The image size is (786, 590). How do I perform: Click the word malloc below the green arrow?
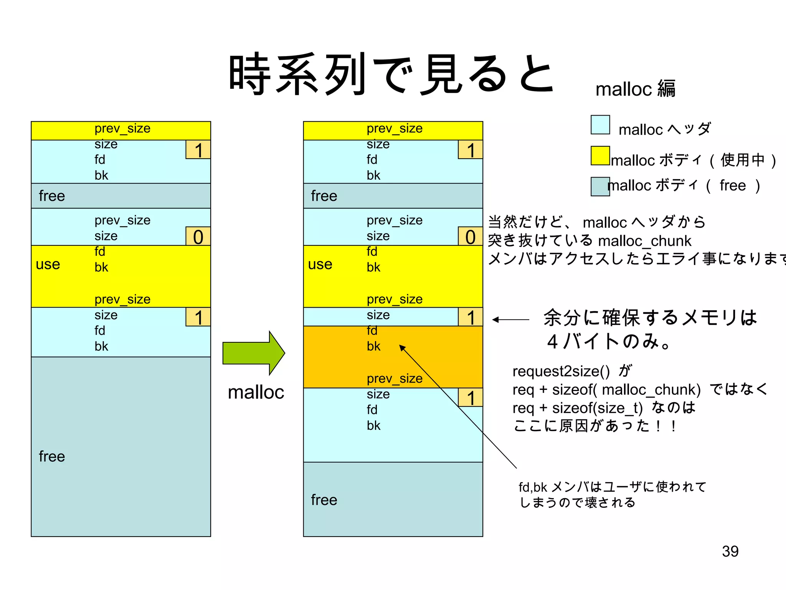pyautogui.click(x=256, y=393)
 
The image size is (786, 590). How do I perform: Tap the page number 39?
pyautogui.click(x=730, y=551)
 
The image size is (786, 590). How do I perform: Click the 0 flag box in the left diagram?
pyautogui.click(x=198, y=237)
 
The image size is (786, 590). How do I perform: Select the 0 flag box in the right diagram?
pyautogui.click(x=470, y=237)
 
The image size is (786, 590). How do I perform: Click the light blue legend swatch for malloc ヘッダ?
pyautogui.click(x=600, y=125)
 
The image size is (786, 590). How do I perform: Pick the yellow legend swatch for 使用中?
pyautogui.click(x=600, y=156)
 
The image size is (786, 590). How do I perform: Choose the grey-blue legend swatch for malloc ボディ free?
pyautogui.click(x=600, y=186)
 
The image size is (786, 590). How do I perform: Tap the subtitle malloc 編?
pyautogui.click(x=635, y=89)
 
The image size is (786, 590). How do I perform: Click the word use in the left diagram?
pyautogui.click(x=48, y=264)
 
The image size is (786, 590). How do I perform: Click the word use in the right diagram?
pyautogui.click(x=320, y=264)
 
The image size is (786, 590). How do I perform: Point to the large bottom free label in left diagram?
pyautogui.click(x=52, y=456)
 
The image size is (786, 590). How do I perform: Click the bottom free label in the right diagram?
pyautogui.click(x=324, y=500)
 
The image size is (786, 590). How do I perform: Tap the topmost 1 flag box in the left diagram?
pyautogui.click(x=198, y=150)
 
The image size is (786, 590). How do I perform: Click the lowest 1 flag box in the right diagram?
pyautogui.click(x=470, y=398)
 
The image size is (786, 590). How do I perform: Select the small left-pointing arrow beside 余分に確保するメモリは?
pyautogui.click(x=510, y=320)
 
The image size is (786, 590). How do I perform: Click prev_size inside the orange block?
pyautogui.click(x=395, y=379)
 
